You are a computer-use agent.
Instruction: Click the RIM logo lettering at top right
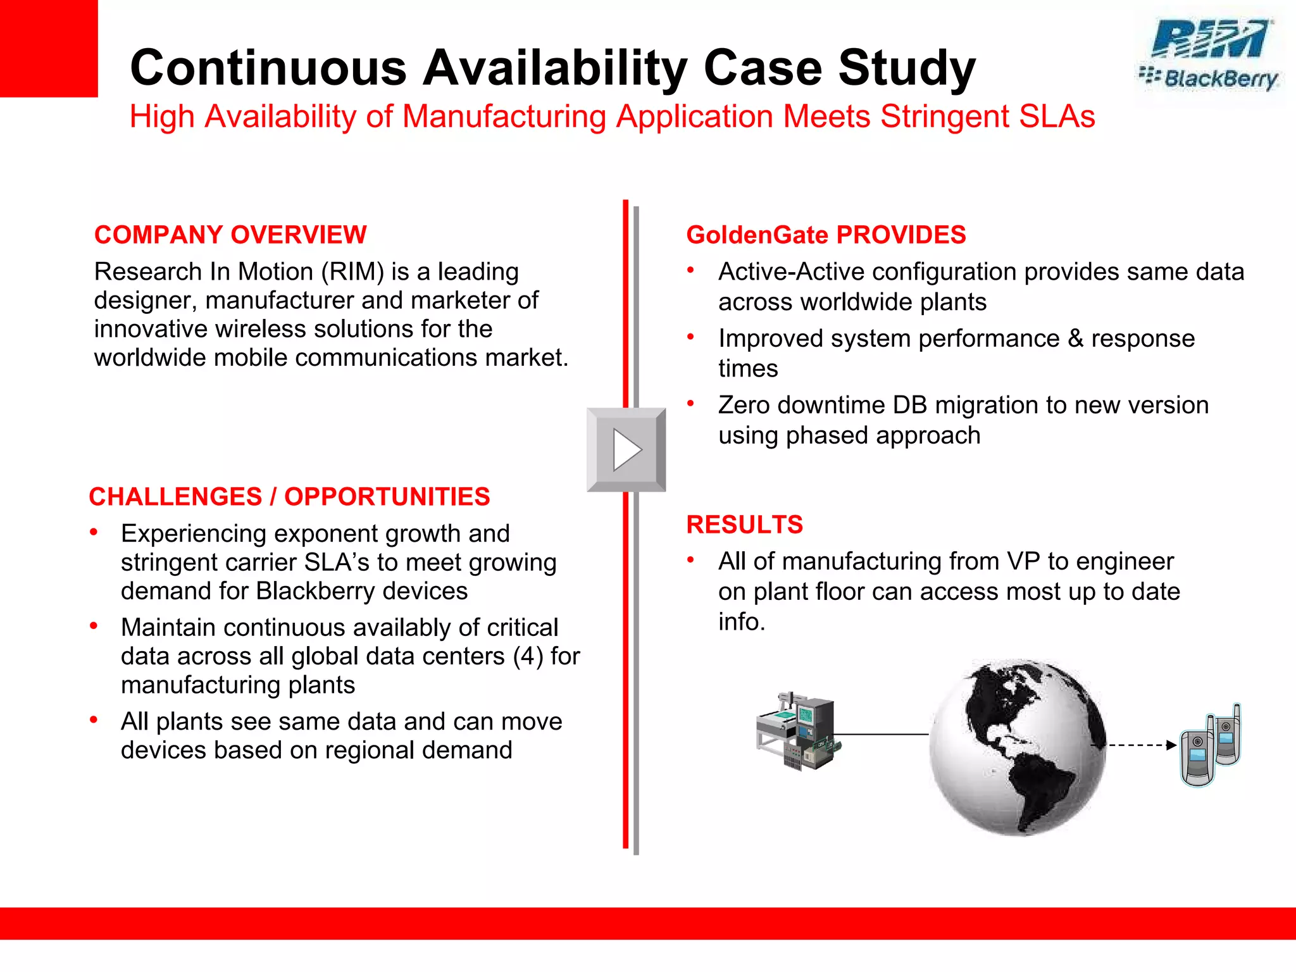(1210, 39)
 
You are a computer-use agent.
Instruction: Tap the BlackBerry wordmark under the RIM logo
(1220, 80)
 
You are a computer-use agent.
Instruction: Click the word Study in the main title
(907, 68)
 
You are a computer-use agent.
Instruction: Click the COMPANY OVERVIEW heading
(230, 235)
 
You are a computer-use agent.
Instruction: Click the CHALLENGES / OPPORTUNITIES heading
(289, 497)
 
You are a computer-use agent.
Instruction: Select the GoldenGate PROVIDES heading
(826, 235)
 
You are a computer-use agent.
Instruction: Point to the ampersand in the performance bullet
(1076, 339)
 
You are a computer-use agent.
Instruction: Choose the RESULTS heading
(744, 525)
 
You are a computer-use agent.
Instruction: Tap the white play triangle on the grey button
(626, 450)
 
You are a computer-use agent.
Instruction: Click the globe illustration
(1017, 747)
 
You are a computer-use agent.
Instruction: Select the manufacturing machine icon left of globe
(798, 731)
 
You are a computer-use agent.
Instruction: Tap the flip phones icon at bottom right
(1210, 745)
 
